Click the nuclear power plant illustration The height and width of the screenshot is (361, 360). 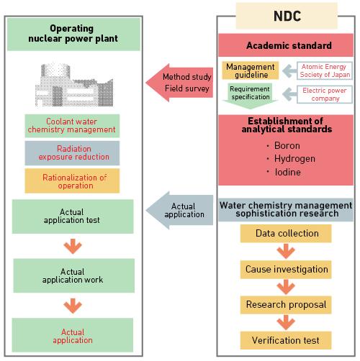[72, 84]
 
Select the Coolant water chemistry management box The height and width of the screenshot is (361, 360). [72, 125]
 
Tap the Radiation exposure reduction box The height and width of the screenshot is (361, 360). [72, 152]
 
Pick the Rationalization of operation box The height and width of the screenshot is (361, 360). [72, 180]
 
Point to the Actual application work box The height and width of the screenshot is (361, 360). [72, 276]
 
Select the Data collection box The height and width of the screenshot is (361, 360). [287, 234]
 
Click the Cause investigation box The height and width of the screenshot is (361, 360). [287, 269]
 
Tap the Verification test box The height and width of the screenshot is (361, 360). [287, 339]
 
